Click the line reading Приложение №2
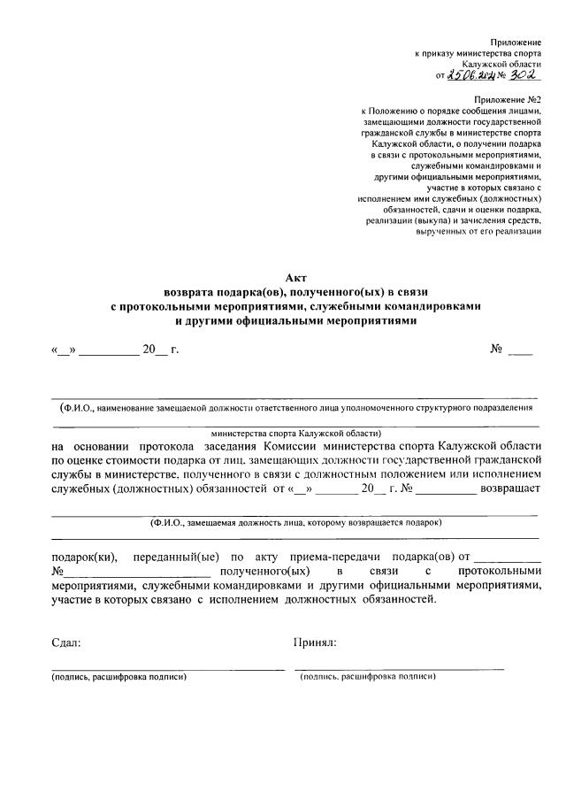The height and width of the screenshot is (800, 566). click(x=508, y=102)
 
